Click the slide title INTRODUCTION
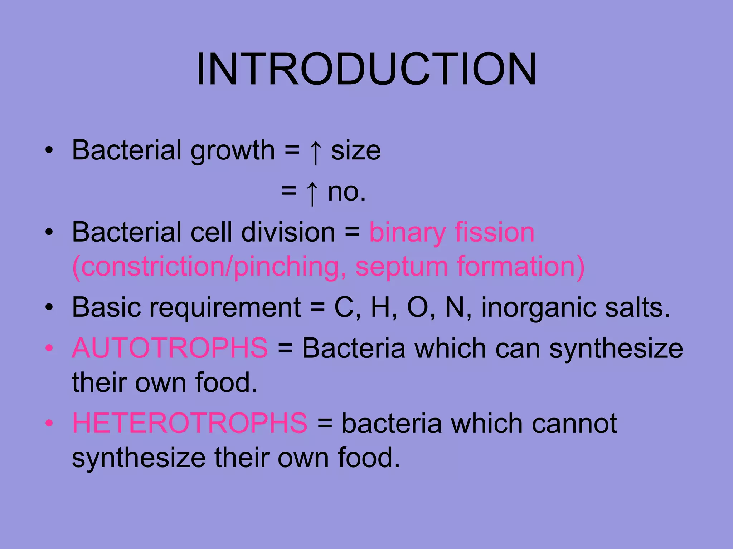366,69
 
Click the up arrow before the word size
315,152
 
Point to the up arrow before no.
312,193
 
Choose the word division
288,232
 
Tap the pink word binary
407,233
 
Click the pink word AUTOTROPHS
170,348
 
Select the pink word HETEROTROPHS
190,423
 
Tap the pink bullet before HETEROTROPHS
49,423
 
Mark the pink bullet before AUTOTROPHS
49,348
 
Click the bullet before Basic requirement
49,307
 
